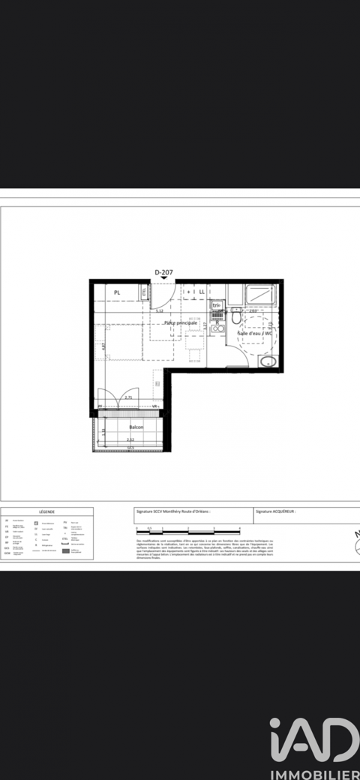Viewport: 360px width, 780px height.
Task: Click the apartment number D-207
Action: (x=163, y=271)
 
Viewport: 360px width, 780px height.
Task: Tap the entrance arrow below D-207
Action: (x=163, y=278)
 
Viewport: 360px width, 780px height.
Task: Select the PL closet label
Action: (x=117, y=292)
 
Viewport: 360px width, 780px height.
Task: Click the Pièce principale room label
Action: (x=181, y=322)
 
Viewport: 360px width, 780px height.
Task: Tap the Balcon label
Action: (x=136, y=427)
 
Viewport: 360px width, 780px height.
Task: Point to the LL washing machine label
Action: (x=201, y=292)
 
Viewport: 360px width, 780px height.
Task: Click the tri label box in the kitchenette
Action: (x=216, y=306)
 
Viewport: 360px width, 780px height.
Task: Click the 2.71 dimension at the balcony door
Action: (x=128, y=397)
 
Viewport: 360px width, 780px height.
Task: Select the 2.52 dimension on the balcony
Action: (x=130, y=439)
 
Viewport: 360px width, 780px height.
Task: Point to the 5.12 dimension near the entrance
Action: (x=159, y=309)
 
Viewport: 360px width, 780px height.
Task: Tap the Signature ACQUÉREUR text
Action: (x=275, y=511)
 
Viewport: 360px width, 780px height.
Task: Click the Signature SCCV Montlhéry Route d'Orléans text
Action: (x=172, y=511)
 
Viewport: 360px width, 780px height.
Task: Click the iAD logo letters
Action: (x=314, y=742)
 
